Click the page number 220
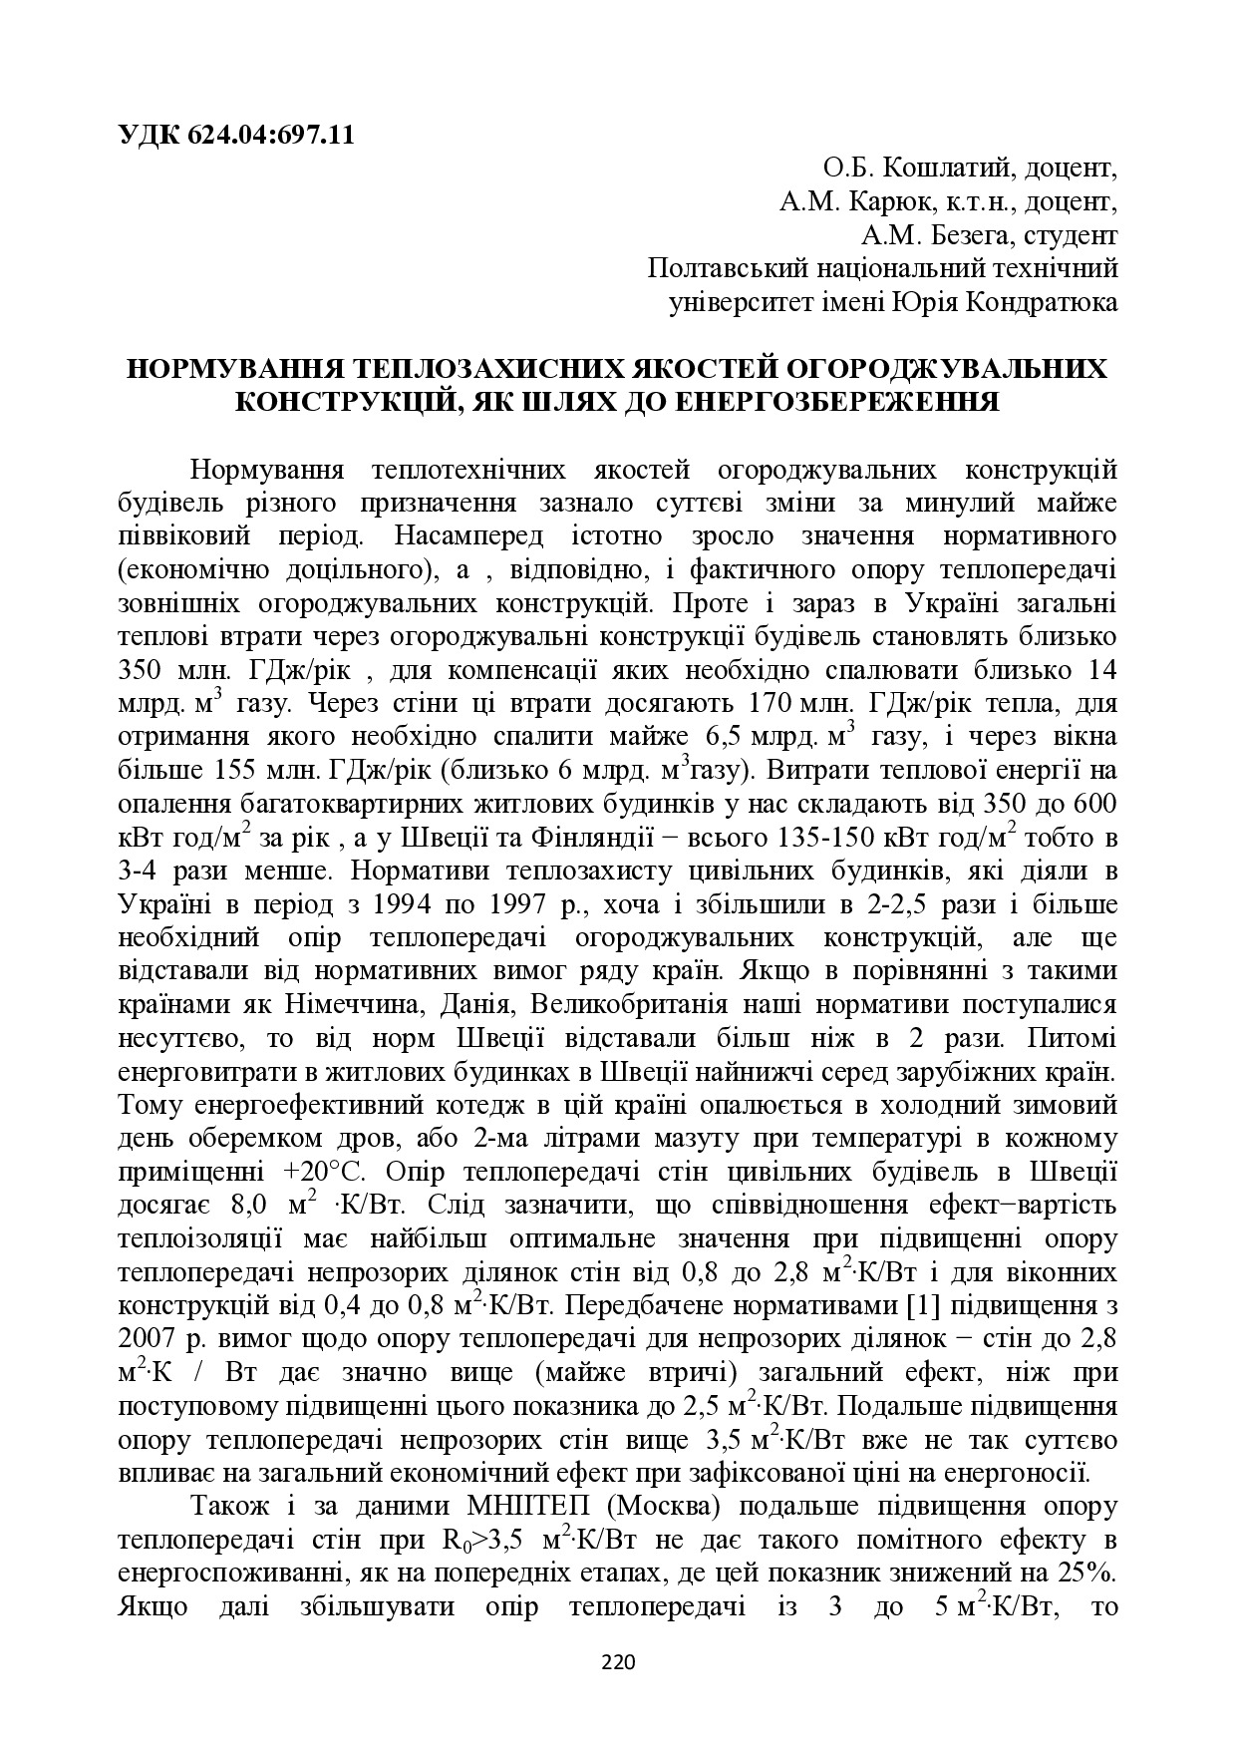coord(618,1661)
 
